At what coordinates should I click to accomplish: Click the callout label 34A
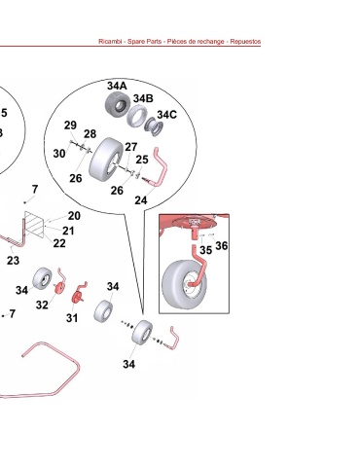[117, 86]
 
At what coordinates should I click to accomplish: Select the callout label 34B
[143, 98]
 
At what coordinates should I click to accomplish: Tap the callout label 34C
[166, 115]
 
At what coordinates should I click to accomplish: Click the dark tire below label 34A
[118, 105]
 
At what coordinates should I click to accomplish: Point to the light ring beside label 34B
[136, 117]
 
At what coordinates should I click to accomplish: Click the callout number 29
[70, 126]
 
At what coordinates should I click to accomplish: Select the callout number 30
[59, 154]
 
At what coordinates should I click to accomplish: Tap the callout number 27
[131, 147]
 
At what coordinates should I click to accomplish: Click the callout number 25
[142, 160]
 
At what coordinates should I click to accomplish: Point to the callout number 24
[141, 200]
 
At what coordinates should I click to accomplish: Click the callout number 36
[222, 246]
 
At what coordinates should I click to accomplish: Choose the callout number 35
[205, 250]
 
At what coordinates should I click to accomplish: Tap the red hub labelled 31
[76, 297]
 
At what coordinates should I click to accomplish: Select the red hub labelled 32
[59, 288]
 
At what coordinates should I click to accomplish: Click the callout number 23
[13, 261]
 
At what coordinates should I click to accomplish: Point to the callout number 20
[74, 216]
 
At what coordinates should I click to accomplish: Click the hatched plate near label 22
[34, 224]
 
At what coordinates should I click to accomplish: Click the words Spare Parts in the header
[144, 42]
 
